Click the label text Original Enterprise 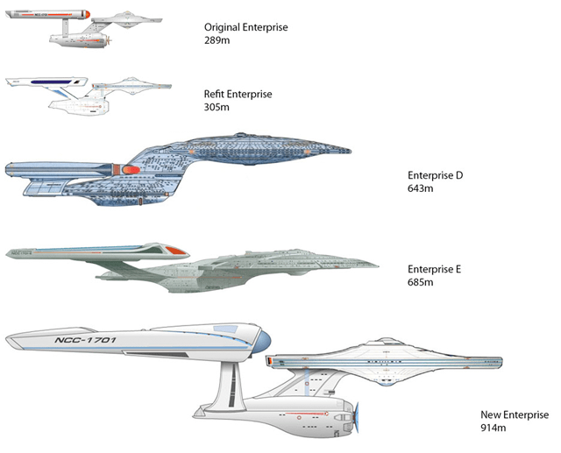245,28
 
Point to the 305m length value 217,107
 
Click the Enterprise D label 436,175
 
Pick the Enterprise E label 435,270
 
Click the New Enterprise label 514,415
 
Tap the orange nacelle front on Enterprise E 174,250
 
